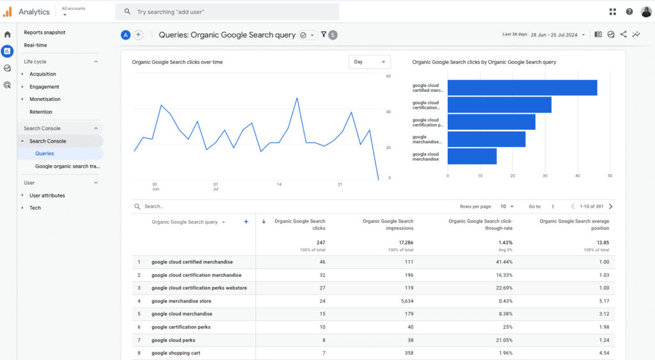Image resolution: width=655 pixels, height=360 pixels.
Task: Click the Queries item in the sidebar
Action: pos(44,153)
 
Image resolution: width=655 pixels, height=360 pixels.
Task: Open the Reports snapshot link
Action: pos(45,33)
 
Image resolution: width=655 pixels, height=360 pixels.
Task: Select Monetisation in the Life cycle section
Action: pos(45,99)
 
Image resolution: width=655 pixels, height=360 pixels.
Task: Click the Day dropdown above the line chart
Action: pos(369,62)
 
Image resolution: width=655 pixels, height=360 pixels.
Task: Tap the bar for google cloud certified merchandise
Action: pos(522,88)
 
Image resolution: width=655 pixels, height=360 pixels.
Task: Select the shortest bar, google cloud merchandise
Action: pos(472,156)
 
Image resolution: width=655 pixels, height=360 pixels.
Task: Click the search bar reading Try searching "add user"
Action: pos(227,12)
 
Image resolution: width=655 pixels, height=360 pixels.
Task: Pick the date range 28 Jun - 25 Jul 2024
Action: pos(554,35)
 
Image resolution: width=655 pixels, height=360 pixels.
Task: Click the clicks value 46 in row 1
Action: pos(322,262)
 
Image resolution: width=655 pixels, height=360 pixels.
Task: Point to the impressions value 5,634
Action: pos(407,301)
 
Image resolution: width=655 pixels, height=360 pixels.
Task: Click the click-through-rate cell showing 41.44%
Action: pos(504,262)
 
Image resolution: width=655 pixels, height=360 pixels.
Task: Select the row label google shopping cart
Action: pos(176,353)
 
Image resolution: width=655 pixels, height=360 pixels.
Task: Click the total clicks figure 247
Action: pos(320,242)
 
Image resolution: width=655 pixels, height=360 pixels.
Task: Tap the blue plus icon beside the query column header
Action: pos(246,222)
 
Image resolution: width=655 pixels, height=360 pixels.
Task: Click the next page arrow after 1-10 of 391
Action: pos(611,207)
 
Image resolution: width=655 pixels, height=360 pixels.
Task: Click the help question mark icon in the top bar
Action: pos(629,12)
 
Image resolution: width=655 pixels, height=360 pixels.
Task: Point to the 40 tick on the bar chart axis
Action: pos(578,176)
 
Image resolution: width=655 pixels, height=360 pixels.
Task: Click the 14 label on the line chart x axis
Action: pos(279,184)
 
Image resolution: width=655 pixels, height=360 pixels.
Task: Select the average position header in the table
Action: pos(574,224)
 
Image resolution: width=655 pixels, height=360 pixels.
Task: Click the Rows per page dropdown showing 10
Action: pos(507,207)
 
